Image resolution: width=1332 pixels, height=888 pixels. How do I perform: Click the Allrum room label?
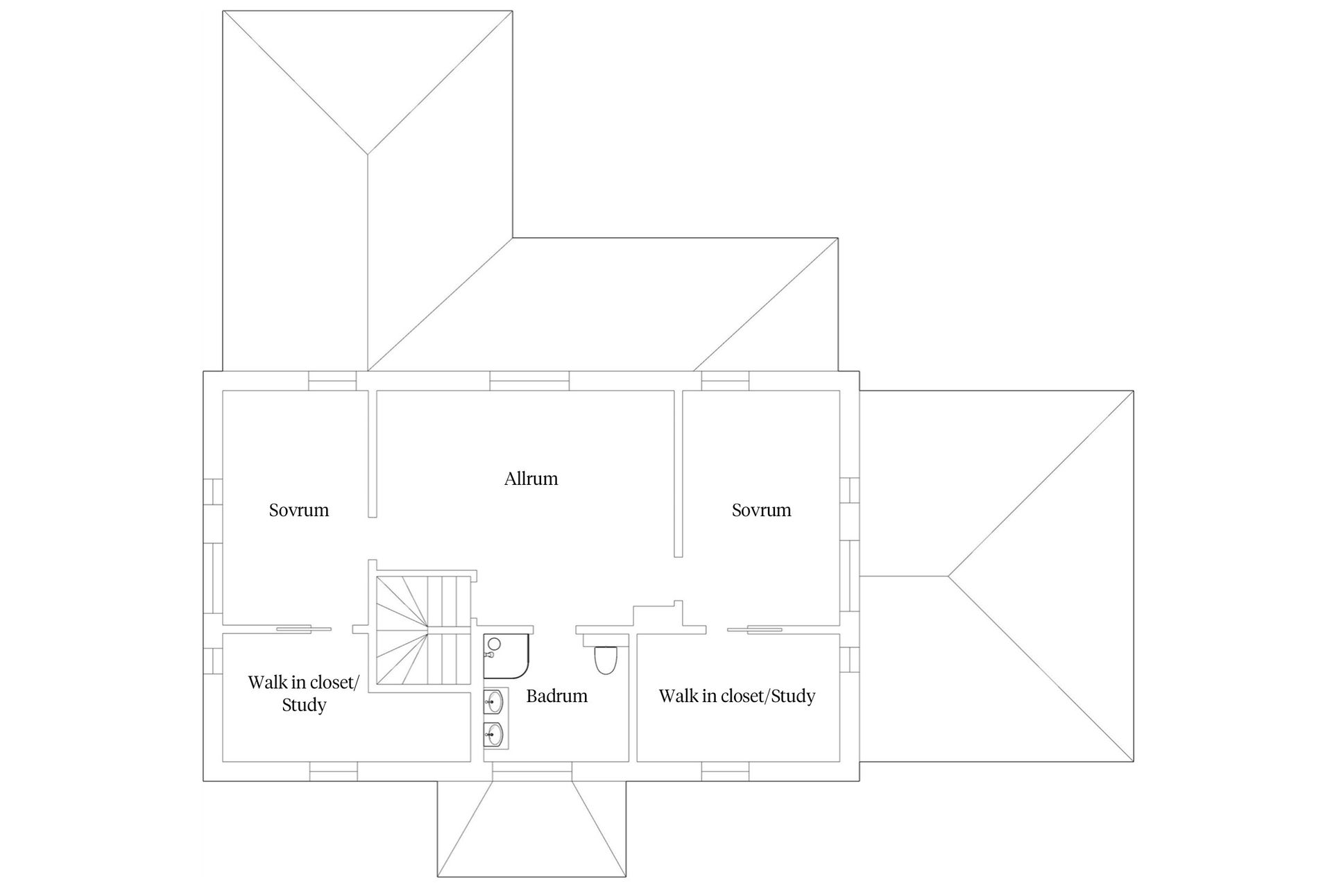pyautogui.click(x=531, y=479)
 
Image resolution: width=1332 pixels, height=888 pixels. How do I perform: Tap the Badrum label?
pyautogui.click(x=556, y=696)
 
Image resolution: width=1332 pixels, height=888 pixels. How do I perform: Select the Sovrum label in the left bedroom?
pyautogui.click(x=299, y=511)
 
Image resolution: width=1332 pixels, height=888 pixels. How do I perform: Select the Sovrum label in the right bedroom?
pyautogui.click(x=761, y=511)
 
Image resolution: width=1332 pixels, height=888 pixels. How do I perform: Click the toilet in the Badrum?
pyautogui.click(x=606, y=660)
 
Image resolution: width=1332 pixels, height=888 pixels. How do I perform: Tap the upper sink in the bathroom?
pyautogui.click(x=495, y=702)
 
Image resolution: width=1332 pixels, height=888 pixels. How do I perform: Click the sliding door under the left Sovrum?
pyautogui.click(x=304, y=629)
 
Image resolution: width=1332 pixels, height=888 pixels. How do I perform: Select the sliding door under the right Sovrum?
pyautogui.click(x=755, y=629)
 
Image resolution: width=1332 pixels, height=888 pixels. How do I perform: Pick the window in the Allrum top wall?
pyautogui.click(x=529, y=381)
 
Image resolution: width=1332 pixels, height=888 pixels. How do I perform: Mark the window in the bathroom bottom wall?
pyautogui.click(x=532, y=771)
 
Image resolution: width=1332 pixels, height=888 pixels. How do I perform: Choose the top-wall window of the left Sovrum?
pyautogui.click(x=332, y=381)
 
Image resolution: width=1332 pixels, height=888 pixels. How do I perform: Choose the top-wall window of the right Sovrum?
pyautogui.click(x=725, y=381)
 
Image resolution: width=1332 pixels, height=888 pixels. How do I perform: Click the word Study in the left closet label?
pyautogui.click(x=304, y=706)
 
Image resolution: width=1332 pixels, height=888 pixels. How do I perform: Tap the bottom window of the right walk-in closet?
pyautogui.click(x=725, y=771)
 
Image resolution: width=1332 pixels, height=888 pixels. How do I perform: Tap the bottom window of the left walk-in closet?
pyautogui.click(x=333, y=771)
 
